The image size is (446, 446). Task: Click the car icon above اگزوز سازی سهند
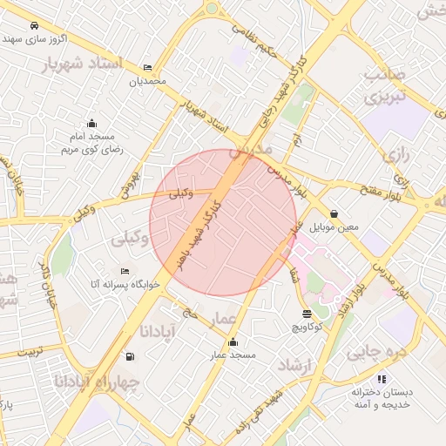[34, 26]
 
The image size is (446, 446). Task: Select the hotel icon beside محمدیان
[147, 67]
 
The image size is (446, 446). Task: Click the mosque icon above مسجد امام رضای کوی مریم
[91, 123]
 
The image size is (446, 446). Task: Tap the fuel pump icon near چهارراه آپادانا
[130, 355]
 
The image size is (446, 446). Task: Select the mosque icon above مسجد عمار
[232, 341]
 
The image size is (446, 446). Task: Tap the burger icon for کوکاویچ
[307, 314]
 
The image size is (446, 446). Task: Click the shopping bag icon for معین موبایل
[334, 214]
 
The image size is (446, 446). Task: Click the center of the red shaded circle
[223, 222]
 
